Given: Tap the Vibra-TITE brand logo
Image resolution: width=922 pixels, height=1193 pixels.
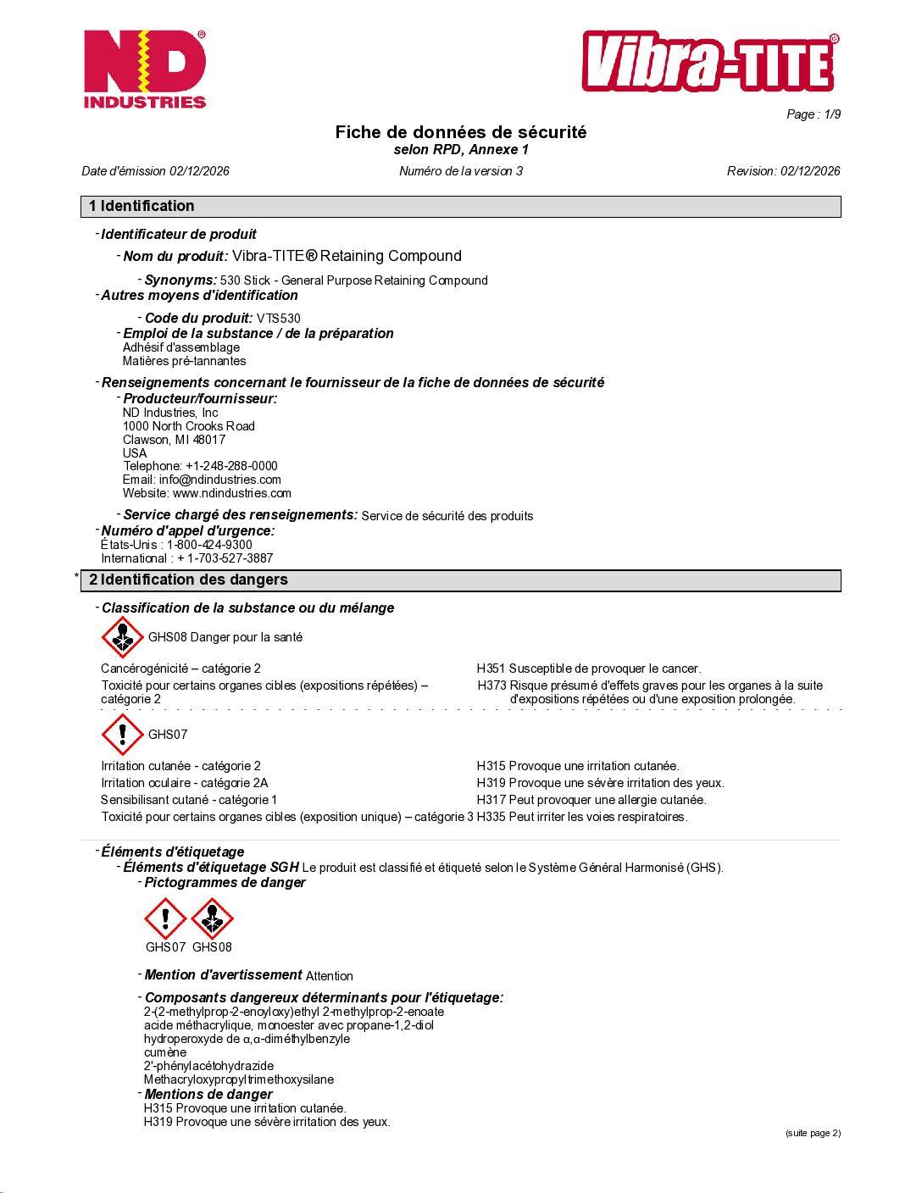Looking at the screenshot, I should (x=709, y=63).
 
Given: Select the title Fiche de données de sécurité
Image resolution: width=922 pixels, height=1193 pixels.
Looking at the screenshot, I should (x=460, y=132).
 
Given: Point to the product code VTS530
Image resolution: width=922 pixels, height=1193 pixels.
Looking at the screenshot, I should (x=279, y=319).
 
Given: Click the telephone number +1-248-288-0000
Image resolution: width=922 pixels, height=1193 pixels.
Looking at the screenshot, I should (x=231, y=466).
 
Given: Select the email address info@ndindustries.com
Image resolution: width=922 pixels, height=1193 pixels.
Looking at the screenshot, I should (x=219, y=480).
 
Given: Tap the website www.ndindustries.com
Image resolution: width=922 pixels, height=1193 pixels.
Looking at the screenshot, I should (x=231, y=493).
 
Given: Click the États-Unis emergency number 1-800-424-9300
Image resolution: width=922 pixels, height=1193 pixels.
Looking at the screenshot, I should (x=209, y=545).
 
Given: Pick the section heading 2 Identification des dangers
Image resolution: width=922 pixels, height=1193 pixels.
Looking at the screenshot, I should (x=188, y=580).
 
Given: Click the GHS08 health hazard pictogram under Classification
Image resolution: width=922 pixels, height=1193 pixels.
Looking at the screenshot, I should (x=122, y=637).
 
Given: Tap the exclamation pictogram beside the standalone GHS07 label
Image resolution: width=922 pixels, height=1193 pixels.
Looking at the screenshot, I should (x=122, y=734).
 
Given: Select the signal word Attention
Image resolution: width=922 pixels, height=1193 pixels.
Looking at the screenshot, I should (x=329, y=976).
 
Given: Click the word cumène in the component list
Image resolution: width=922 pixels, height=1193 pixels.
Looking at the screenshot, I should (x=164, y=1052).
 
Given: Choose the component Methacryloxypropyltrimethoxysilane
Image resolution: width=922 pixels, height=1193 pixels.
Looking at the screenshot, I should (x=238, y=1079).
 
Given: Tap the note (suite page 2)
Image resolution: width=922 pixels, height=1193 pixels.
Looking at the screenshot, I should (x=812, y=1133).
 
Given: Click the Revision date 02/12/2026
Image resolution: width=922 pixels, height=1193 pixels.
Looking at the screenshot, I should (x=810, y=171).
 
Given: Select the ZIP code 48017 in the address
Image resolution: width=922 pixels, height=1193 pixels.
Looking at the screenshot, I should (x=208, y=440).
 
